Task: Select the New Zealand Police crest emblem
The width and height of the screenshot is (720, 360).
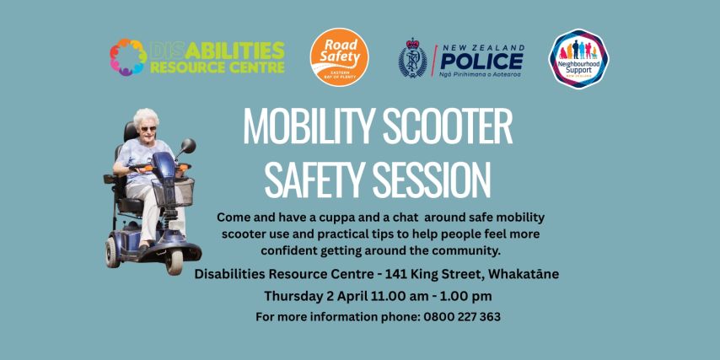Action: tap(413, 59)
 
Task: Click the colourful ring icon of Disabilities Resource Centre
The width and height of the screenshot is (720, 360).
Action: tap(128, 57)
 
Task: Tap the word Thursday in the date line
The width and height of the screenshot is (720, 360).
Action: tap(295, 296)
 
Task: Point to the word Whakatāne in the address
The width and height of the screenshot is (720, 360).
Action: tap(516, 274)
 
